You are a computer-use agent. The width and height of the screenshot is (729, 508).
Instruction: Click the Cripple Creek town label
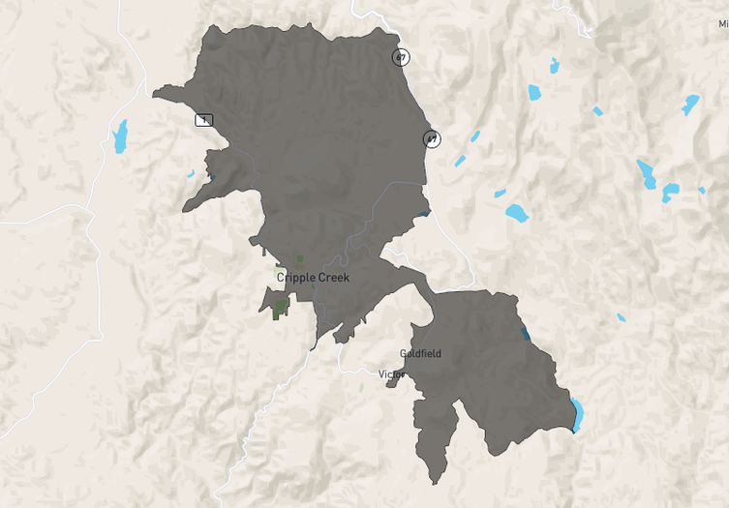coord(313,278)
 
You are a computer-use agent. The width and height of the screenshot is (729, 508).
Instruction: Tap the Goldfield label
coord(420,354)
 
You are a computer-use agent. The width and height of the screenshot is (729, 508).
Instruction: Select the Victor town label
coord(391,374)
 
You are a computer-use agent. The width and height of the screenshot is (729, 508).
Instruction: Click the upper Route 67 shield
coord(401,57)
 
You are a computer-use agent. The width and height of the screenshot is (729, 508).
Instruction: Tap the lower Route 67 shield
coord(432,139)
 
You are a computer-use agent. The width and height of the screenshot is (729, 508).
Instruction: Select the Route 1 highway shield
coord(203,120)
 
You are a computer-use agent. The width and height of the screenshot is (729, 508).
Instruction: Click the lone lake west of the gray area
coord(120,136)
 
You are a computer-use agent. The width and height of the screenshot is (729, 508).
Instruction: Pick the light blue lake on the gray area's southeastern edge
coord(577,414)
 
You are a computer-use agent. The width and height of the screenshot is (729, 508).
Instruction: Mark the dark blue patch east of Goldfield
coord(525,334)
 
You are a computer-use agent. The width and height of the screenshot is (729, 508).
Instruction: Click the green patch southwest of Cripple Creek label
coord(282,309)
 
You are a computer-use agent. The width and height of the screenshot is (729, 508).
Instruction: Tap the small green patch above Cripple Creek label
coord(300,259)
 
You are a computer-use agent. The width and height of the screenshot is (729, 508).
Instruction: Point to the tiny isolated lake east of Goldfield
coord(622,316)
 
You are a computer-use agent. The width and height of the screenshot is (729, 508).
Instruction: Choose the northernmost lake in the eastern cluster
coord(554,65)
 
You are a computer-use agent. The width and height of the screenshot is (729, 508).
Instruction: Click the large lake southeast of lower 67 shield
coord(516,212)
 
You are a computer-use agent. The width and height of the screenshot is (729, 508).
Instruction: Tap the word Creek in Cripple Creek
coord(333,278)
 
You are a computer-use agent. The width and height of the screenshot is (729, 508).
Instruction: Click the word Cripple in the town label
coord(295,278)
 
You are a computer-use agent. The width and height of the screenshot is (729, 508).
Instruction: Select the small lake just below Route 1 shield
coord(191,174)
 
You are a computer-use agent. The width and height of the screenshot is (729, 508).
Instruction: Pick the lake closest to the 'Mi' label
coord(690,104)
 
